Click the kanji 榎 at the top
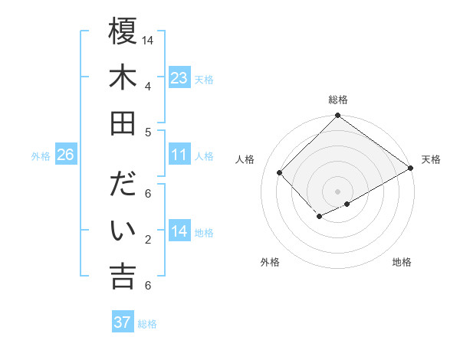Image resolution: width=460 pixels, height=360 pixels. point(123,33)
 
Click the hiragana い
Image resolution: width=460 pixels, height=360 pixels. point(123,231)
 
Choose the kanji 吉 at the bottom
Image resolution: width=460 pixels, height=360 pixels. point(123,276)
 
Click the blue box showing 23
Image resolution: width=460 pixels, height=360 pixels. point(179,77)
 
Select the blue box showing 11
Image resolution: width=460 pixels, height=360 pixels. point(179,155)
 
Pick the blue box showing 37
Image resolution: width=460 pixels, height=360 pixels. point(123,322)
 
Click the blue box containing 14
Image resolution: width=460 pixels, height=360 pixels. point(179,231)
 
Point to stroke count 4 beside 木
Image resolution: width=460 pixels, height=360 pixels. point(147,86)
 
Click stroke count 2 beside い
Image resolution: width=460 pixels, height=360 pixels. point(147,240)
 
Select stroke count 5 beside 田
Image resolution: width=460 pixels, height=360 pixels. point(147,132)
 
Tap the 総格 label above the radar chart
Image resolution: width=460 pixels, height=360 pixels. point(338,100)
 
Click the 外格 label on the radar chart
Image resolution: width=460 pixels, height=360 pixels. point(269,262)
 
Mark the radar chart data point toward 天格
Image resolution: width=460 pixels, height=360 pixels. point(411,169)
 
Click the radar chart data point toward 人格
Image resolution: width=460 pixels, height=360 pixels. point(280,173)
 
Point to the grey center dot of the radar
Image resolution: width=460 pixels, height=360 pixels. point(337,191)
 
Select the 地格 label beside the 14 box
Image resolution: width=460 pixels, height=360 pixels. point(205,232)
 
